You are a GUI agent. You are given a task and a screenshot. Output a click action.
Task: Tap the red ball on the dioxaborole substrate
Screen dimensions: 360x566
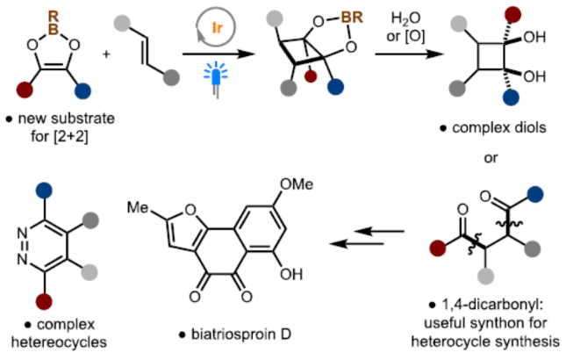[21, 90]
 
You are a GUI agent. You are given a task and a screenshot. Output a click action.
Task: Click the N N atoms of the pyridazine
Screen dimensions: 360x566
[25, 231]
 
